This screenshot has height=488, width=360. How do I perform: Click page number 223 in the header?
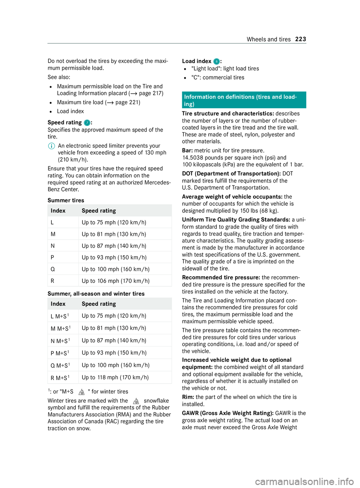pos(300,39)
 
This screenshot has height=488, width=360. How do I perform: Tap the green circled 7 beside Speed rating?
pos(87,123)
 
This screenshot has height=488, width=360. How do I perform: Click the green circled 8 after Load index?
pos(216,61)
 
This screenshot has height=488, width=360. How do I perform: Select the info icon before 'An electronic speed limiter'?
pos(51,146)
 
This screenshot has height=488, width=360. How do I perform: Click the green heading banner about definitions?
pos(244,100)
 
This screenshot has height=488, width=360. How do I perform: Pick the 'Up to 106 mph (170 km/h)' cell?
pos(115,281)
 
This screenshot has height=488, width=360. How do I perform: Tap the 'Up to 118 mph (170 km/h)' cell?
pos(115,377)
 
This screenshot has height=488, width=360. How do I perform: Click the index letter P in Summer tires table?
pos(52,257)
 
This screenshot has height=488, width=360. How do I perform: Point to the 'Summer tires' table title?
pos(66,201)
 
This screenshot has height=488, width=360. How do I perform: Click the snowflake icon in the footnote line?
pos(81,392)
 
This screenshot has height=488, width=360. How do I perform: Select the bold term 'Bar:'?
pos(187,151)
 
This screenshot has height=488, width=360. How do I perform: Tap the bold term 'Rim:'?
pos(188,397)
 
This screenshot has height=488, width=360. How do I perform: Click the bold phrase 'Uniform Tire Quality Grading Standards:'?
pos(236,220)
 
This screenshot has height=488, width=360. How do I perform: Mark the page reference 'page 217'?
pos(151,93)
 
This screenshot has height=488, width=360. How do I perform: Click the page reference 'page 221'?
pos(127,102)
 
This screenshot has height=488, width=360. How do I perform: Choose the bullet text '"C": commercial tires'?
pos(217,78)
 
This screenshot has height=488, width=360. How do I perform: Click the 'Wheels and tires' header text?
pos(268,39)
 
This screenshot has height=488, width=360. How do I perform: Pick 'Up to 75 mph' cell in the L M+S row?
pos(114,316)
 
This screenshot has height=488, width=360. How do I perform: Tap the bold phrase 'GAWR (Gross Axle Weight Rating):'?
pos(228,413)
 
